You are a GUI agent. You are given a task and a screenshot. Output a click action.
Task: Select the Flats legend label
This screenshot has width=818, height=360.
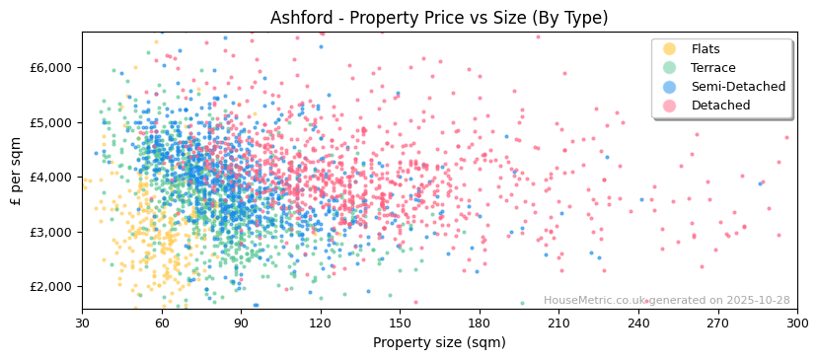(706, 49)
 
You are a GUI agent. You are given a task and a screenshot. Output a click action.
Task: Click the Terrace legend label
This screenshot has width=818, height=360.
(712, 68)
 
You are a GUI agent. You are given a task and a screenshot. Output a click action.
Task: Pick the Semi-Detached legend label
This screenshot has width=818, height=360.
(737, 87)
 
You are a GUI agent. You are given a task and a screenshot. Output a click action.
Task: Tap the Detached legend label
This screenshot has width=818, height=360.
(720, 106)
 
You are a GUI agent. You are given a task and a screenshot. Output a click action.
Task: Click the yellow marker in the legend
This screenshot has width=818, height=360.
(669, 49)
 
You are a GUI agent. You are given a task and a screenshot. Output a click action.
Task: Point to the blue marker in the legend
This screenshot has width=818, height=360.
(669, 87)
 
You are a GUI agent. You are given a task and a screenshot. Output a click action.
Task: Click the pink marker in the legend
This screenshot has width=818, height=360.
(669, 106)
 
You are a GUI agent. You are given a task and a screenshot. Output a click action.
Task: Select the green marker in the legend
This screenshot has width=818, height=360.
(669, 68)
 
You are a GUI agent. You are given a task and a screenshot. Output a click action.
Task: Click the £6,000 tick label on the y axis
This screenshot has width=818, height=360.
(50, 68)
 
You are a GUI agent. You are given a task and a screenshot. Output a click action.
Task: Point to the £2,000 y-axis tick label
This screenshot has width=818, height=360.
(50, 287)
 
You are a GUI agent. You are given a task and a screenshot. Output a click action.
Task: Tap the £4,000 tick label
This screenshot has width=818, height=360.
(50, 178)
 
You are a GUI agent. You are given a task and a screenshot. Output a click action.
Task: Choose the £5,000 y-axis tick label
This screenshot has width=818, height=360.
(50, 123)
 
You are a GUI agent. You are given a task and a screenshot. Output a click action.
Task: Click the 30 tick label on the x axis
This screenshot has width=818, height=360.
(82, 323)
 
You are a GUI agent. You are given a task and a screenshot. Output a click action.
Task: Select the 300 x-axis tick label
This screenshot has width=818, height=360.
(797, 323)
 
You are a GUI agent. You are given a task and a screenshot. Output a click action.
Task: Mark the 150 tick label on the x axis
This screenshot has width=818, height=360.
(400, 323)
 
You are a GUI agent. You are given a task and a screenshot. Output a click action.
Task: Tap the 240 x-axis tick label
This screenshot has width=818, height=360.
(638, 323)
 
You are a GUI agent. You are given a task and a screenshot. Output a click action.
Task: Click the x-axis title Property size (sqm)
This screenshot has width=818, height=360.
(439, 343)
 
